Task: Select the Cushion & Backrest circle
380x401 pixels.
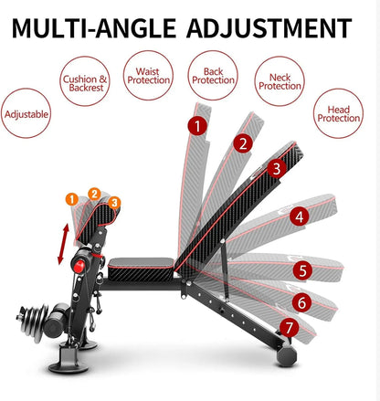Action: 86,84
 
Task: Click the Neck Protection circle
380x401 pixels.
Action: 280,86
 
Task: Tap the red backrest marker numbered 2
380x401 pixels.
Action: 242,143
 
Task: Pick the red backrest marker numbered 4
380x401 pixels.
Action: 299,217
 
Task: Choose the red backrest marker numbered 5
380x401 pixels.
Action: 304,270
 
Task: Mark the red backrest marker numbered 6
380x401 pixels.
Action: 301,301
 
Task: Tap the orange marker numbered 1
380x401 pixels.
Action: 70,198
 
